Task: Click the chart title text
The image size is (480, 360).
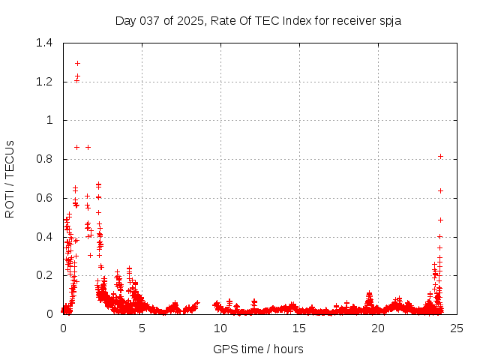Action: point(258,20)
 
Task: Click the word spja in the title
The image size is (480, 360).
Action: point(389,21)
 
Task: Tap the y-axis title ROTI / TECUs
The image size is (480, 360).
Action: point(10,178)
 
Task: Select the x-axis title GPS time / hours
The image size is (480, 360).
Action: point(258,349)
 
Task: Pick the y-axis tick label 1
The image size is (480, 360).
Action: point(50,121)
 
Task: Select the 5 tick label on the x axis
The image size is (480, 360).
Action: point(142,328)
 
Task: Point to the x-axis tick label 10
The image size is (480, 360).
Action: point(220,328)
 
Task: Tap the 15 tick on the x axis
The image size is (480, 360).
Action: point(299,328)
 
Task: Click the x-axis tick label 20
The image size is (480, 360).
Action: point(378,328)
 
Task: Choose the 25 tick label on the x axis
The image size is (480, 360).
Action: point(457,328)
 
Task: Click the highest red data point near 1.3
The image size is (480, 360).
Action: point(77,63)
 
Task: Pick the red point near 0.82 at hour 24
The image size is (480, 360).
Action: point(440,156)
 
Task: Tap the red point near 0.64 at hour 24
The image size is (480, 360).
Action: point(440,190)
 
